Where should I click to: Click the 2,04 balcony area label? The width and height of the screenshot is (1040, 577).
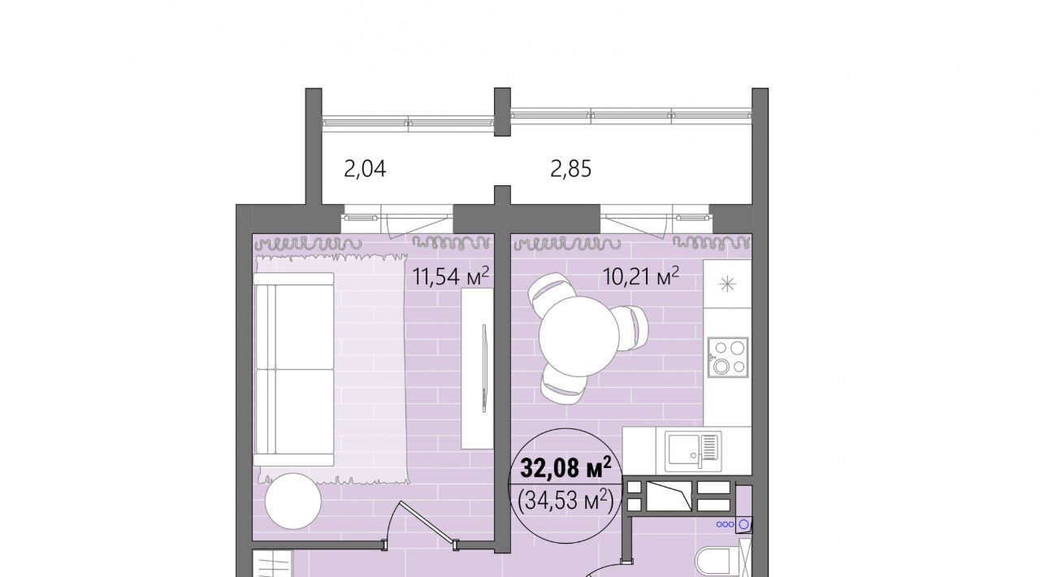tap(365, 169)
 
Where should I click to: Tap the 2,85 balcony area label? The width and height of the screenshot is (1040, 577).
tap(570, 169)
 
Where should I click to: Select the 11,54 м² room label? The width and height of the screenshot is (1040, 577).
tap(451, 276)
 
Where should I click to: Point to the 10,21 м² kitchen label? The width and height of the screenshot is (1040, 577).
tap(641, 276)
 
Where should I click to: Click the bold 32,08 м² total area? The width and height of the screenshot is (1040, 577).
tap(565, 468)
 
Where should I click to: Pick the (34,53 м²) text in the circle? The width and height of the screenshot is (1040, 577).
tap(565, 501)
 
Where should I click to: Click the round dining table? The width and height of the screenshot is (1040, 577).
tap(579, 336)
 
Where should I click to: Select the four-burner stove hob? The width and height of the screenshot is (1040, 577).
tap(727, 357)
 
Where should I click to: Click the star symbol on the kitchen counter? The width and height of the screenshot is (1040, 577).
tap(727, 284)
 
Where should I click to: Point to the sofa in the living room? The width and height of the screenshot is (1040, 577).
tap(294, 369)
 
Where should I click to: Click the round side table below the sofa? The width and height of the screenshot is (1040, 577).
tap(293, 501)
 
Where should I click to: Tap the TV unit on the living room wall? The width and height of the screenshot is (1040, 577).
tap(477, 368)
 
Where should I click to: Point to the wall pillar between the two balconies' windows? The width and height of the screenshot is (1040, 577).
tap(502, 112)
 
